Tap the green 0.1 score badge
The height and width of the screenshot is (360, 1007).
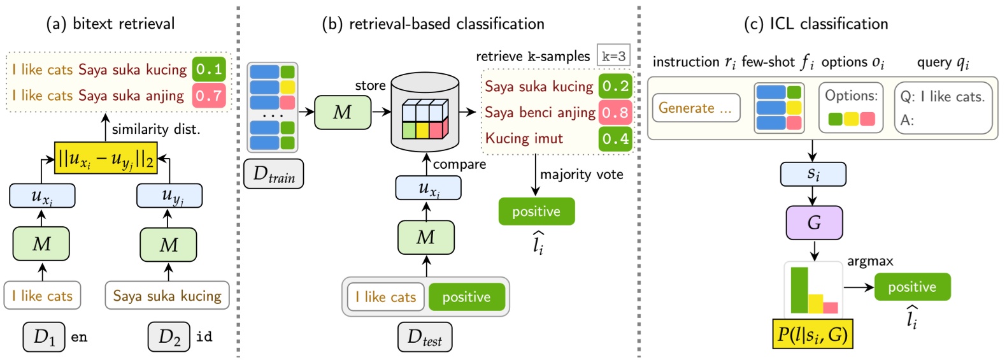209,69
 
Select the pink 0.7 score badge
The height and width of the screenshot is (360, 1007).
209,96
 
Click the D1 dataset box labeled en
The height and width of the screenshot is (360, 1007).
44,337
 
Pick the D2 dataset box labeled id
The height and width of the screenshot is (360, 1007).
169,337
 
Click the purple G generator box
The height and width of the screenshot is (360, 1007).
813,222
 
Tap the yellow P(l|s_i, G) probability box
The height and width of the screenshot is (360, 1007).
812,334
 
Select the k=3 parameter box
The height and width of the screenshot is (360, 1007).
613,56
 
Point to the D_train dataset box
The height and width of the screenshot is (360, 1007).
274,173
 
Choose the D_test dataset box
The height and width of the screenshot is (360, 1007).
425,337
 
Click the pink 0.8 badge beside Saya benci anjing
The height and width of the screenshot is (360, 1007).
615,113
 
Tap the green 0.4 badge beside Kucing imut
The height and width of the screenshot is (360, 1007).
615,138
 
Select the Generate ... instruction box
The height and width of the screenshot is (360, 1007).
696,108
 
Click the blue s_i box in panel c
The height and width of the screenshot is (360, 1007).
813,174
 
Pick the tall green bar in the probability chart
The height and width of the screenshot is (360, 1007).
799,290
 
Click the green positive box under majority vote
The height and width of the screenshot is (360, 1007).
536,212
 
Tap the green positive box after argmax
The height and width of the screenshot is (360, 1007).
912,287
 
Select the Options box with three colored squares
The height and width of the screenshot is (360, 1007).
851,108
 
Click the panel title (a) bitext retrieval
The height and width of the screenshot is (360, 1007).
110,24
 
